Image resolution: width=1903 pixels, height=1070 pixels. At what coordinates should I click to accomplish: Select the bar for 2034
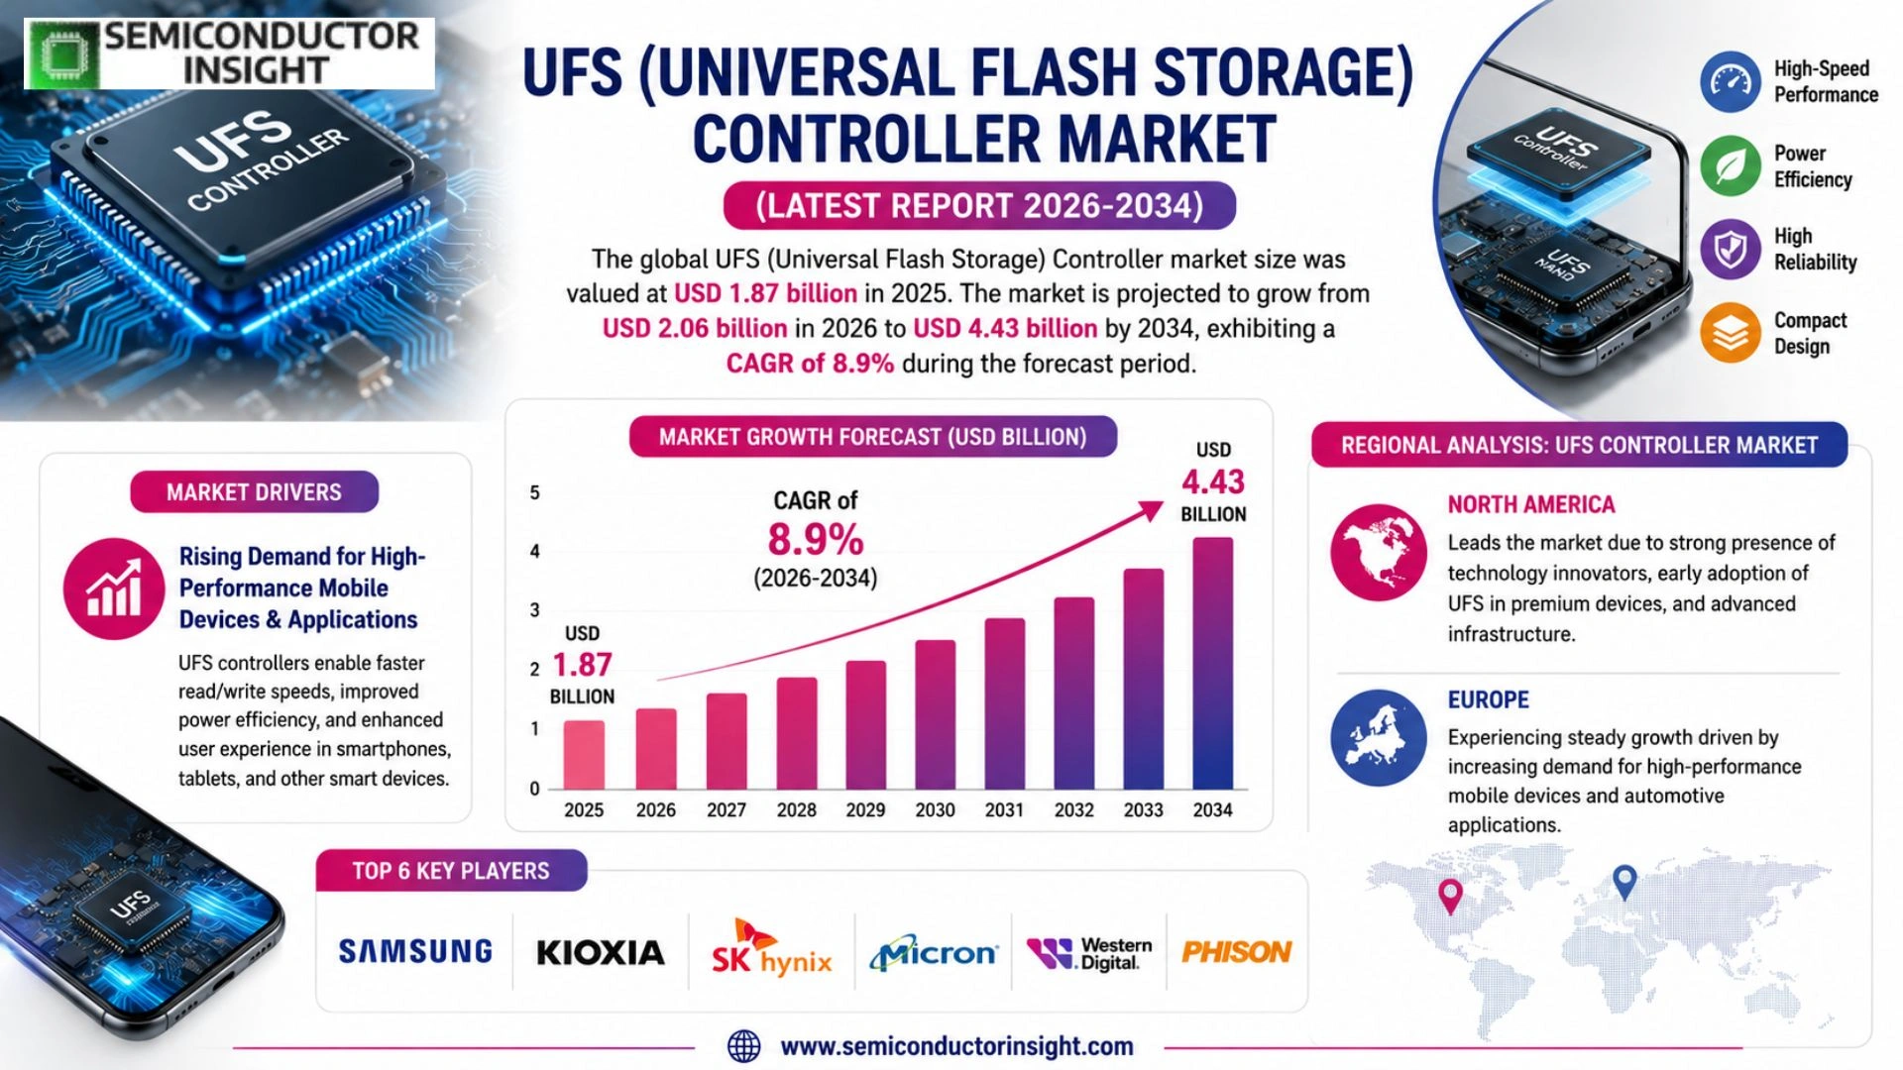(1213, 663)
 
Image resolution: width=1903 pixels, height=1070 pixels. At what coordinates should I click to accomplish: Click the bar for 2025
(584, 755)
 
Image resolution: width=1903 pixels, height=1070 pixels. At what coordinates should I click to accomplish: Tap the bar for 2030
(936, 714)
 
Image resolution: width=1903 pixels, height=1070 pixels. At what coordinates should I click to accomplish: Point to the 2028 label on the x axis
(796, 810)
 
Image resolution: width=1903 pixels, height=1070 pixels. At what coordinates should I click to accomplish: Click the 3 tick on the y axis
(535, 610)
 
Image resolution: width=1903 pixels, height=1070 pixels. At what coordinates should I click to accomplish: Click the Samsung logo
(415, 952)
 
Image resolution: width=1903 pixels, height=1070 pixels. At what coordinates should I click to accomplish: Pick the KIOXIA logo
(601, 953)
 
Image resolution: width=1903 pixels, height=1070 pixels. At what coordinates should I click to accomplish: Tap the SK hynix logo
(771, 949)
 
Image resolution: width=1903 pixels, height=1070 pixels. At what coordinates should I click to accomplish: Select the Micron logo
(934, 953)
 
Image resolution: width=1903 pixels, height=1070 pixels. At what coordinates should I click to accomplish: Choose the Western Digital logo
(1089, 954)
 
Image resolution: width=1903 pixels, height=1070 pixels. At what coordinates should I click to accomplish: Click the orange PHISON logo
(1237, 952)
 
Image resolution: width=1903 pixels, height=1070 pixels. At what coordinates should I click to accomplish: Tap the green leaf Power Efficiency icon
(1731, 166)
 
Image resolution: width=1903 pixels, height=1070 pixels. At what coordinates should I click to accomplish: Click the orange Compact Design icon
(1731, 333)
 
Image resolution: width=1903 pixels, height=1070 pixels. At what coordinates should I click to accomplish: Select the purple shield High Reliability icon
(1731, 250)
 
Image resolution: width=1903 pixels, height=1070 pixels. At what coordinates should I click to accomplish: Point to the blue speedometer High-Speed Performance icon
(1731, 81)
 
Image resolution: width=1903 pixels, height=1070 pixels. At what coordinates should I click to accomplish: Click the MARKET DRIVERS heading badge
(254, 492)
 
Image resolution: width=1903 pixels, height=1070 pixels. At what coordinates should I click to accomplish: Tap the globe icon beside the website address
(744, 1046)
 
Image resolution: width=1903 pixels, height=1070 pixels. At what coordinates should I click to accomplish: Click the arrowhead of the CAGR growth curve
(1153, 510)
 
